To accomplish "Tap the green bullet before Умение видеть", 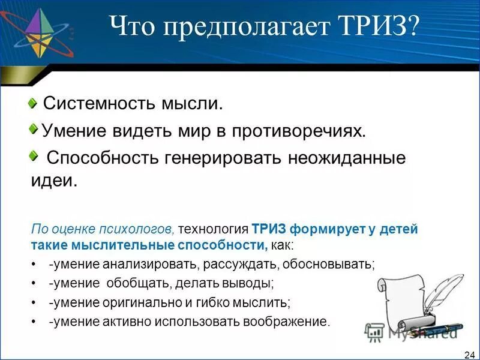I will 34,128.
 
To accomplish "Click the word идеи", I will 54,181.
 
